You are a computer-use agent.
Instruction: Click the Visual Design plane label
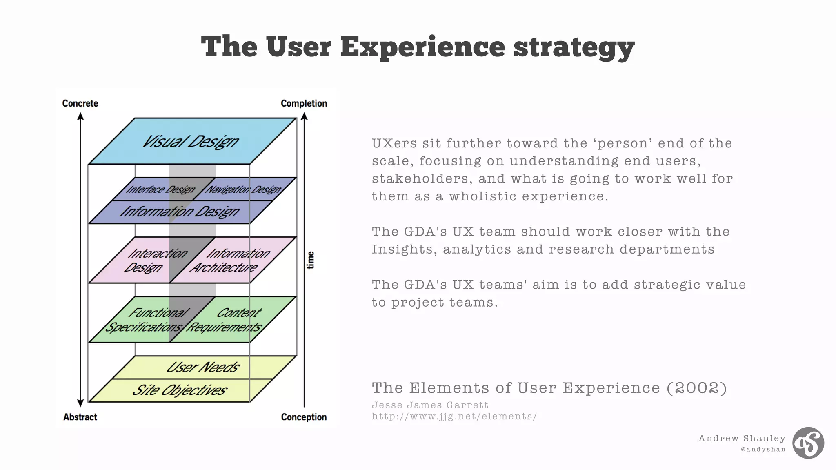click(190, 142)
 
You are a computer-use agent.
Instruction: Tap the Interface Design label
click(160, 189)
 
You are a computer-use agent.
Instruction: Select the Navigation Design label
click(243, 189)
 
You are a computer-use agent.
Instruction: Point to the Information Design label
click(180, 212)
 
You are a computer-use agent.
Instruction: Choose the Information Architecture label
click(231, 260)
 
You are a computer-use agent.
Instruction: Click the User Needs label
click(203, 367)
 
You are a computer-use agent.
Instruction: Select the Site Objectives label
click(180, 390)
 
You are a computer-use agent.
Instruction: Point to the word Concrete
click(80, 103)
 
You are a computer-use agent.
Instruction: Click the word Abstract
click(80, 417)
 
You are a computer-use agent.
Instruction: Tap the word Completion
click(304, 103)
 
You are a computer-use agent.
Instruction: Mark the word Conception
click(304, 417)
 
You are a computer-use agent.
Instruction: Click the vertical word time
click(311, 260)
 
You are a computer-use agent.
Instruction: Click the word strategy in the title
click(574, 47)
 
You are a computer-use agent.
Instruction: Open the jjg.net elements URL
click(454, 417)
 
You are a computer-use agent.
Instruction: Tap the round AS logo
click(808, 443)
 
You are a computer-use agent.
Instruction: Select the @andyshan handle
click(763, 449)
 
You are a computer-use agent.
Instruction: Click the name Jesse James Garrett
click(430, 405)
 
